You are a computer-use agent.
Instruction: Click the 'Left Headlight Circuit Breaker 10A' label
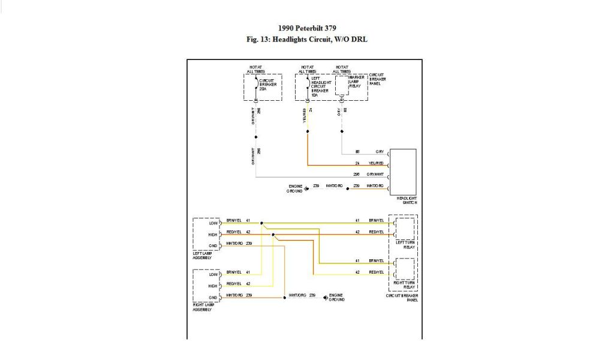coord(321,86)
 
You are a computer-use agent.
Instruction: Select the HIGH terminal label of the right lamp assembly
coord(213,286)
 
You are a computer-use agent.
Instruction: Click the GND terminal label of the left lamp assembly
coord(213,247)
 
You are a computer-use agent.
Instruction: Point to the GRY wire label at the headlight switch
coord(379,152)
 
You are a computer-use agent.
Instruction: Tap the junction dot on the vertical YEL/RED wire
coord(308,131)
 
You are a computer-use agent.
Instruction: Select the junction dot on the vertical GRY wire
coord(342,131)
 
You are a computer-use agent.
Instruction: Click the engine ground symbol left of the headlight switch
coord(306,189)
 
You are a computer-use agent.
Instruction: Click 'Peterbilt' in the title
coord(315,28)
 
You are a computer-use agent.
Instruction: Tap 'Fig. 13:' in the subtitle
coord(259,40)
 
